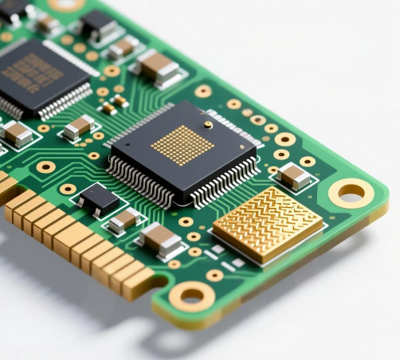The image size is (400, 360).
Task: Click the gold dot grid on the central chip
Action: (182, 145)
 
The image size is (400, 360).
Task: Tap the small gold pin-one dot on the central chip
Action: (208, 124)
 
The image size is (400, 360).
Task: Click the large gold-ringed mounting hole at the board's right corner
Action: (350, 192)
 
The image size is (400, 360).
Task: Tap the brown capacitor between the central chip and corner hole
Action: (295, 177)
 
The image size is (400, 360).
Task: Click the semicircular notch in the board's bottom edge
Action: (160, 281)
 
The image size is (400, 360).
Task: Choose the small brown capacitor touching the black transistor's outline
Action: (124, 219)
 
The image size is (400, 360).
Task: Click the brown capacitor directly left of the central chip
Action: (78, 127)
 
